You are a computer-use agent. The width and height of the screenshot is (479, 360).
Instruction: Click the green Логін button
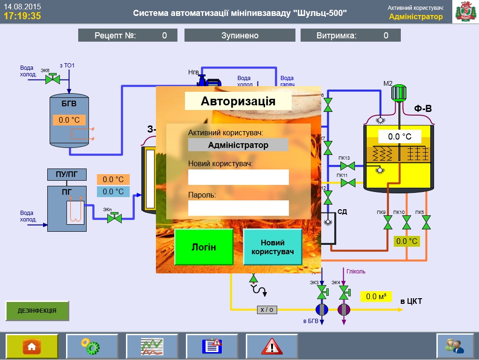click(x=204, y=247)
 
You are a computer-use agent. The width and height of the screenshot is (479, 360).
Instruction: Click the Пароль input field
click(x=238, y=208)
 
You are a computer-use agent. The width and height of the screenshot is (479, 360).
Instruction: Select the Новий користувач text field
click(x=238, y=177)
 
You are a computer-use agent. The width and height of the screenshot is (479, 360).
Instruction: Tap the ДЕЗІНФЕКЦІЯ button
click(x=37, y=310)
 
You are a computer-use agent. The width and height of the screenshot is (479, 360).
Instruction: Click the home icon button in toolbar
click(x=32, y=346)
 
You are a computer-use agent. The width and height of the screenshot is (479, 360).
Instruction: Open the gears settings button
click(x=92, y=346)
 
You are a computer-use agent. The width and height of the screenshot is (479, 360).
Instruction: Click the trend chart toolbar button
click(x=152, y=346)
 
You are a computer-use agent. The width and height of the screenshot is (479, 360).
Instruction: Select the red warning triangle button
click(x=272, y=346)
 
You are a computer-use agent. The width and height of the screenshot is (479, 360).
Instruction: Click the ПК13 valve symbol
click(x=348, y=166)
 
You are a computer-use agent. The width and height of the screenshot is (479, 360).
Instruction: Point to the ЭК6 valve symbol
click(x=52, y=79)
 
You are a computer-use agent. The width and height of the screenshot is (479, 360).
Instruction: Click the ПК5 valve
click(x=426, y=222)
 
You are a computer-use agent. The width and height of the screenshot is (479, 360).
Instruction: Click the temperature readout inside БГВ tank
click(x=69, y=120)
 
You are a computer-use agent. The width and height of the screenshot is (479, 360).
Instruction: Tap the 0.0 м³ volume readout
click(x=376, y=296)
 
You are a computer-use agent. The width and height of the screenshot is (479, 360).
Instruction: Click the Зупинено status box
click(x=240, y=35)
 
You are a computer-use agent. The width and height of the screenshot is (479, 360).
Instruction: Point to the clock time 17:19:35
click(x=22, y=16)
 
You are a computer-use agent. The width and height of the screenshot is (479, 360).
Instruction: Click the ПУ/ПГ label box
click(x=67, y=175)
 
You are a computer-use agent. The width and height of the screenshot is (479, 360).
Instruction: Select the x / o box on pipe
click(x=267, y=309)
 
